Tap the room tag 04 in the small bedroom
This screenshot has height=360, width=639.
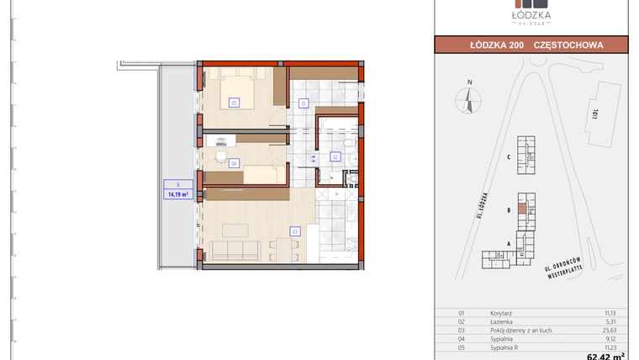tap(234, 162)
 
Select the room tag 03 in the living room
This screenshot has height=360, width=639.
tap(294, 230)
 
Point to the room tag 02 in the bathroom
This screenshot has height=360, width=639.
tap(335, 156)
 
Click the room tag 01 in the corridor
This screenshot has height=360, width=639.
tap(304, 104)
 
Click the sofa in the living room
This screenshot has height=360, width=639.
tap(238, 250)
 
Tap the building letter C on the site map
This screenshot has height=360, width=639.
tap(509, 157)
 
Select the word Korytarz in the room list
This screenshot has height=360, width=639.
tap(501, 311)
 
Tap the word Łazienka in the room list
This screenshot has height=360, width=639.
tap(501, 320)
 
